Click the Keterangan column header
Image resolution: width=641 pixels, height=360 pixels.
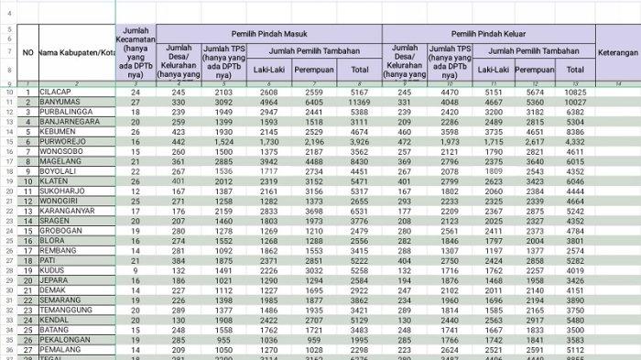pyautogui.click(x=618, y=52)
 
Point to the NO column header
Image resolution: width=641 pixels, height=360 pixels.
pyautogui.click(x=28, y=52)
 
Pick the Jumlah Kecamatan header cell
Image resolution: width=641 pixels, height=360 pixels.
pyautogui.click(x=136, y=52)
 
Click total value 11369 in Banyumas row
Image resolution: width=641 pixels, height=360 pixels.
pyautogui.click(x=360, y=103)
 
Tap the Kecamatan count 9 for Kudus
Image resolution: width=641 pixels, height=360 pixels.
pyautogui.click(x=136, y=270)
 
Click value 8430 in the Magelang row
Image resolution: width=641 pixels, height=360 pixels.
pyautogui.click(x=360, y=161)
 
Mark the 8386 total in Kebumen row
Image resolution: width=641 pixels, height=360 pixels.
pyautogui.click(x=575, y=132)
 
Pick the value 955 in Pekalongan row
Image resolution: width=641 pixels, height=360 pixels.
pyautogui.click(x=223, y=339)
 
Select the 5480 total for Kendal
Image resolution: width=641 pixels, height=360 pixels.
pyautogui.click(x=575, y=320)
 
